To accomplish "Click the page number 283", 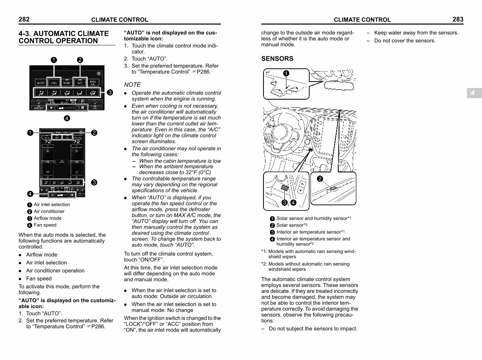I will (457, 19).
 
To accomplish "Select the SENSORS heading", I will (277, 59).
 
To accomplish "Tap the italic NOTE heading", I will (132, 85).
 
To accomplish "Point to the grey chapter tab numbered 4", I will (473, 93).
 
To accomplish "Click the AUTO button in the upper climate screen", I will (41, 83).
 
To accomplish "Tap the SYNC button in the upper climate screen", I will (67, 83).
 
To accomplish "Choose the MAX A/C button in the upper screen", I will (93, 83).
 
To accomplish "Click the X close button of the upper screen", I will (99, 74).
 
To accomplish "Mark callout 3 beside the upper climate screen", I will (110, 93).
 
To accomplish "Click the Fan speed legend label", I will (45, 225).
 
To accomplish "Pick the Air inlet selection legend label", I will (51, 205).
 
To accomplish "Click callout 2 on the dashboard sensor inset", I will (320, 179).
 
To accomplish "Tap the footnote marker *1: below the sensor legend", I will (264, 252).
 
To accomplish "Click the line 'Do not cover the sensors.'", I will (404, 41).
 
